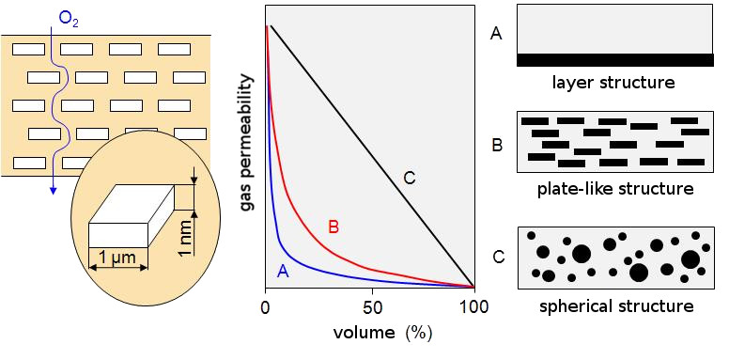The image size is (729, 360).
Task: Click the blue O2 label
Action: click(x=69, y=21)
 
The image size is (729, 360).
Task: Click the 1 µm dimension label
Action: click(x=117, y=258)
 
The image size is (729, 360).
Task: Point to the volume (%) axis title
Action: click(x=382, y=333)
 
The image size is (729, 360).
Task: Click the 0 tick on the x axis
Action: click(x=266, y=307)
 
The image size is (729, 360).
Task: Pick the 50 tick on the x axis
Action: click(x=371, y=307)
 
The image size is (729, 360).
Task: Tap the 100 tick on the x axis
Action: click(x=474, y=307)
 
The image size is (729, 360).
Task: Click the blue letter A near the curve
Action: click(x=283, y=271)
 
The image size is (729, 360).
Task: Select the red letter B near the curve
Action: click(x=333, y=227)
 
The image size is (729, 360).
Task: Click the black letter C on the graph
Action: click(x=409, y=178)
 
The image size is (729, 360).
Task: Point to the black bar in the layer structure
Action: click(x=615, y=59)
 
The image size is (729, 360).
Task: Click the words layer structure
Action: click(x=613, y=83)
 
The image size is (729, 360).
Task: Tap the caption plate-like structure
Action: click(x=615, y=189)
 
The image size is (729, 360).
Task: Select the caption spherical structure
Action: click(x=616, y=306)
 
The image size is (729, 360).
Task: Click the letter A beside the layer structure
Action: click(x=496, y=34)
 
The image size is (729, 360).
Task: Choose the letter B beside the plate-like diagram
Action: click(x=497, y=146)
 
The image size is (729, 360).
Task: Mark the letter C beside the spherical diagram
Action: click(x=498, y=258)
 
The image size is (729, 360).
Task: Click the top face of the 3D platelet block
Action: click(x=132, y=204)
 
